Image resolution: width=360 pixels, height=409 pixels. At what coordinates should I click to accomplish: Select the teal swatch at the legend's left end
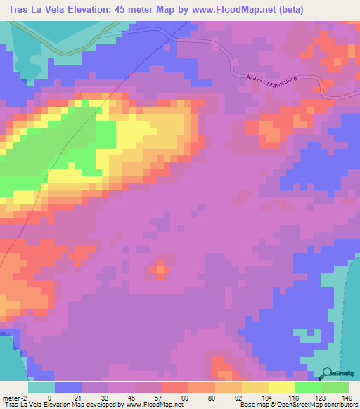tap(41, 387)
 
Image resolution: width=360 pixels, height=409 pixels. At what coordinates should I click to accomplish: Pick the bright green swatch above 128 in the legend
tap(308, 387)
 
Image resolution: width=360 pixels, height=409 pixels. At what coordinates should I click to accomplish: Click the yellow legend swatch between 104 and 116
tap(281, 387)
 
